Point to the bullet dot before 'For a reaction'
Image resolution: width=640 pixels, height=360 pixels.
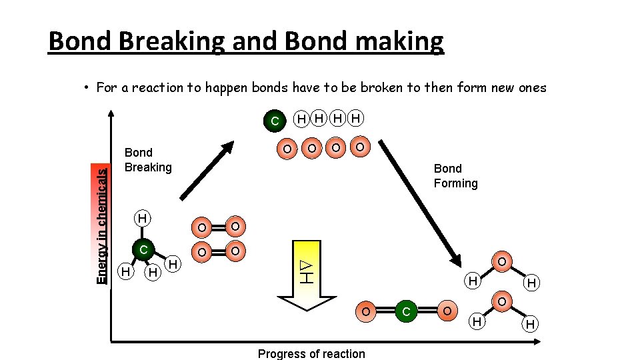[x=87, y=87]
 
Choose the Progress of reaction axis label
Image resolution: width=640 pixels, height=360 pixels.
[x=311, y=353]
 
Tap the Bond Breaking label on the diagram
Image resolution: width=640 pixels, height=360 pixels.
[x=148, y=160]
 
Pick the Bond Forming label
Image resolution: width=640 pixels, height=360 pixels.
[x=455, y=176]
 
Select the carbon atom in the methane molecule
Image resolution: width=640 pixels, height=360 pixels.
[x=143, y=249]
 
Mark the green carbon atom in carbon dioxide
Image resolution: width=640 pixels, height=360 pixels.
[x=407, y=311]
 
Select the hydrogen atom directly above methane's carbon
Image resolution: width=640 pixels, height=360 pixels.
[x=142, y=218]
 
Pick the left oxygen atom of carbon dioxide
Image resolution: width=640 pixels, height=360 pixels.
[x=365, y=311]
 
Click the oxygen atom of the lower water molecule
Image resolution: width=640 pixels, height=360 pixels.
[x=501, y=302]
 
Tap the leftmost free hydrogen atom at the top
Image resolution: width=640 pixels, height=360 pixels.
[x=302, y=119]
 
